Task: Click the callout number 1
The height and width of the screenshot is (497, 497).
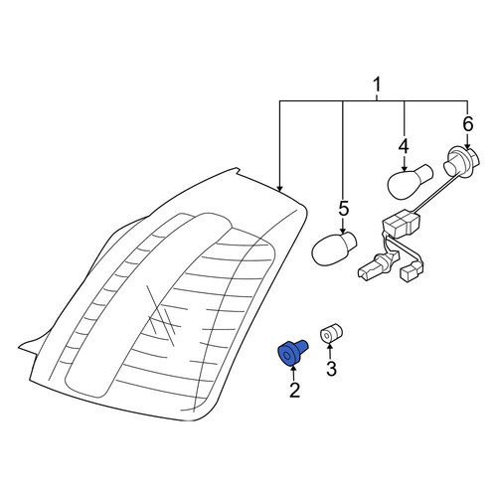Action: pos(377,85)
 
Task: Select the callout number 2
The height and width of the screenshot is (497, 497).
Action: pos(294,390)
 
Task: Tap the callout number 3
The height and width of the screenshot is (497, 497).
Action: pos(331,368)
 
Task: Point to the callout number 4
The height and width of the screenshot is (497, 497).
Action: pos(404,147)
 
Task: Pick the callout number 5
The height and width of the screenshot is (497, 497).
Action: pos(343,209)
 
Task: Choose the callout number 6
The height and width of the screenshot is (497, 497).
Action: pos(467,125)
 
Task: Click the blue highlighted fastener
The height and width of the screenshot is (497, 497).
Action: pos(292,353)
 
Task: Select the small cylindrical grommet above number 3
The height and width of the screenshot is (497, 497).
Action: pos(331,333)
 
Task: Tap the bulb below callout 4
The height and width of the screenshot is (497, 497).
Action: pos(410,182)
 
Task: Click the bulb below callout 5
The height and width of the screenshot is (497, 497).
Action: pos(334,248)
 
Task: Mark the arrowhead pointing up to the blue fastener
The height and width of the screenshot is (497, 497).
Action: pos(294,368)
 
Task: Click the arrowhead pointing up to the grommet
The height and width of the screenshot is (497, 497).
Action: pos(329,347)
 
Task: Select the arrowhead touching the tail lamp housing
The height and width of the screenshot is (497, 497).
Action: pos(280,189)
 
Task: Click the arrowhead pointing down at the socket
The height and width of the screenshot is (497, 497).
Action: pos(467,146)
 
